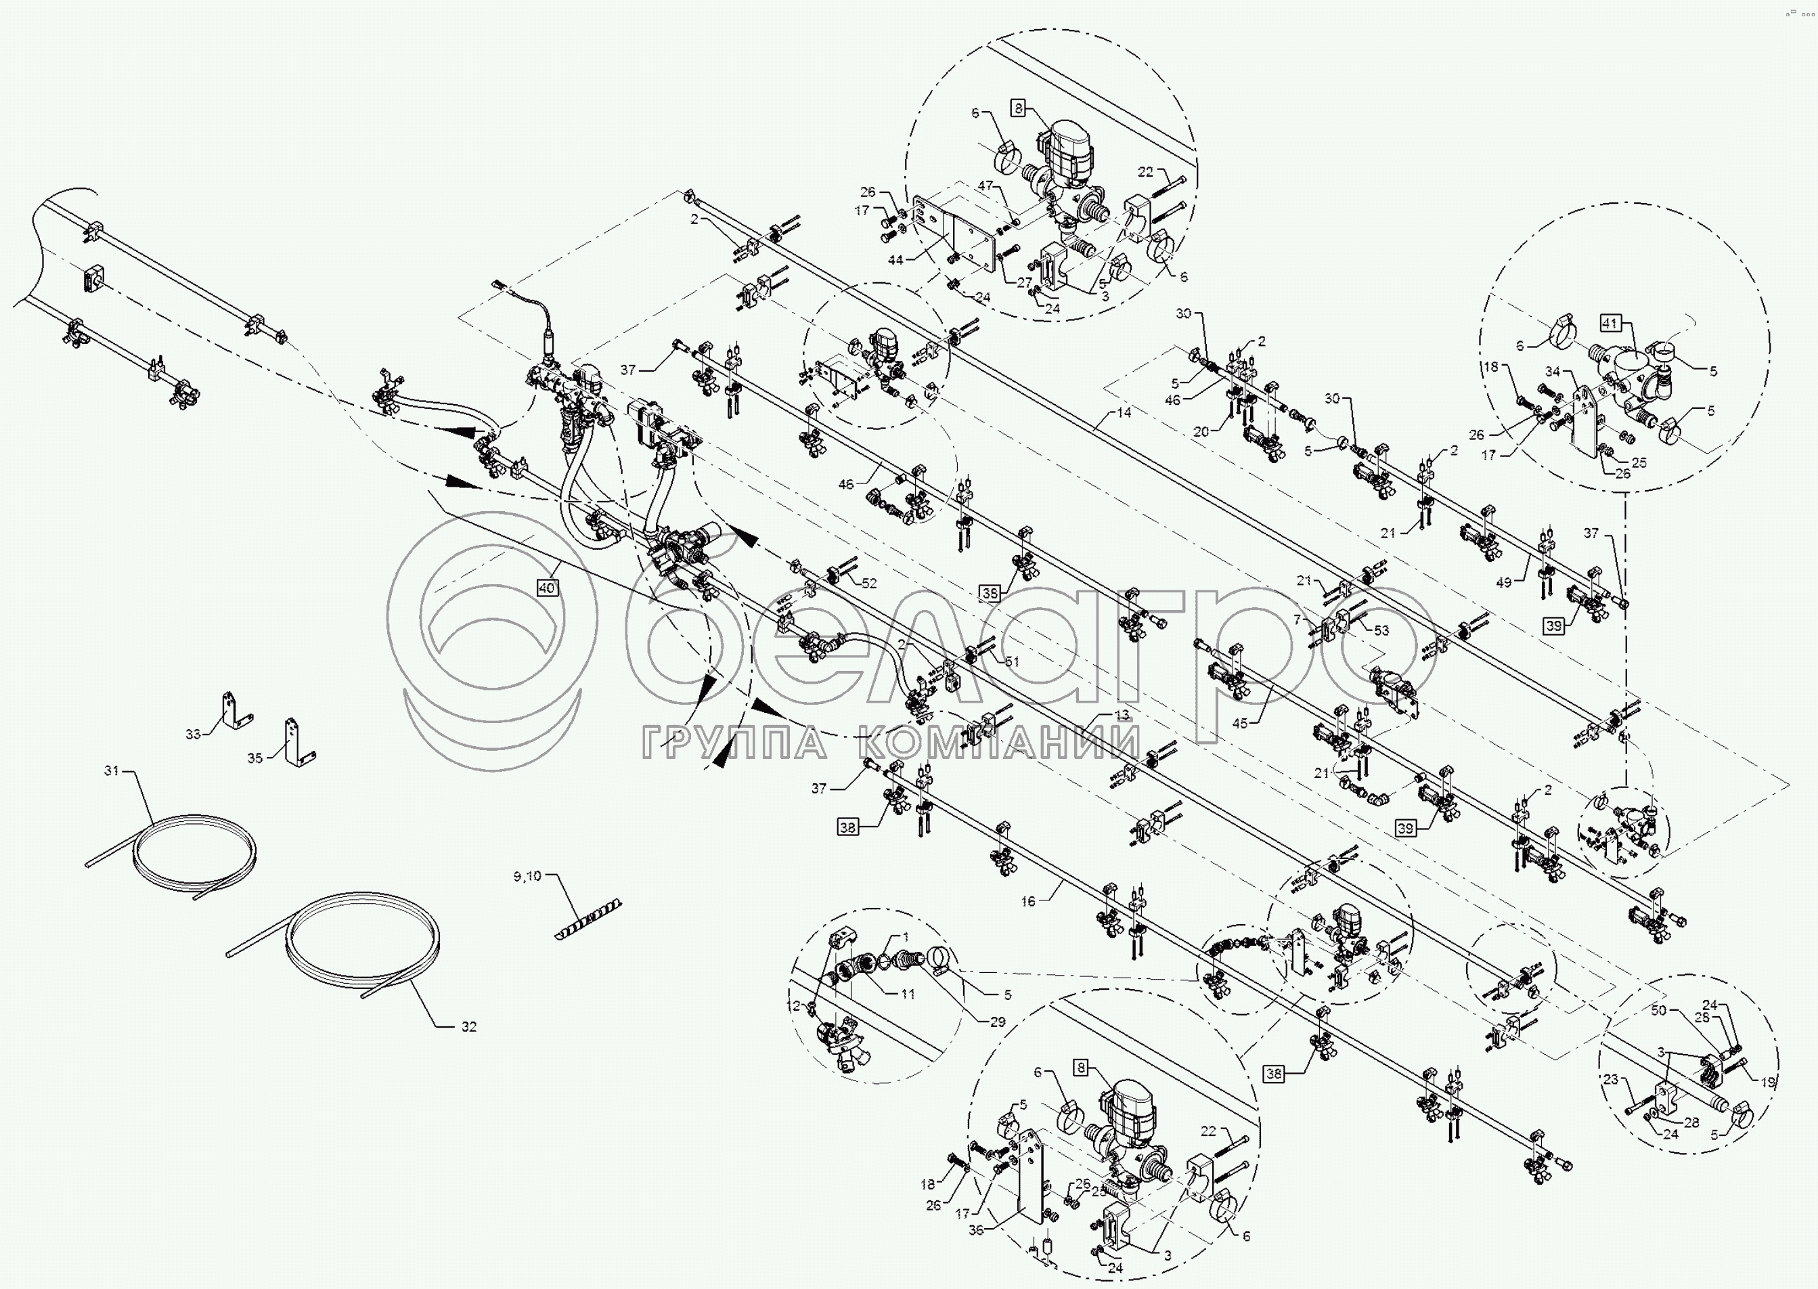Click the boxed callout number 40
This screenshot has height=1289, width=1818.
[546, 588]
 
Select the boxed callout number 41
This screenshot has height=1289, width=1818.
[1610, 324]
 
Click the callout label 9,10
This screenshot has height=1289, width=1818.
[527, 876]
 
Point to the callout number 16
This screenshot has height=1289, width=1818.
[1027, 902]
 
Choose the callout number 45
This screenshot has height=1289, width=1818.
[1239, 723]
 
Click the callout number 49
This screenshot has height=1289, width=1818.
[1504, 583]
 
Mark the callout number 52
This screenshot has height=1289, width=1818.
[869, 584]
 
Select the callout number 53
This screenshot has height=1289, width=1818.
[1381, 630]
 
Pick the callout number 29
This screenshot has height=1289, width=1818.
[997, 1022]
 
